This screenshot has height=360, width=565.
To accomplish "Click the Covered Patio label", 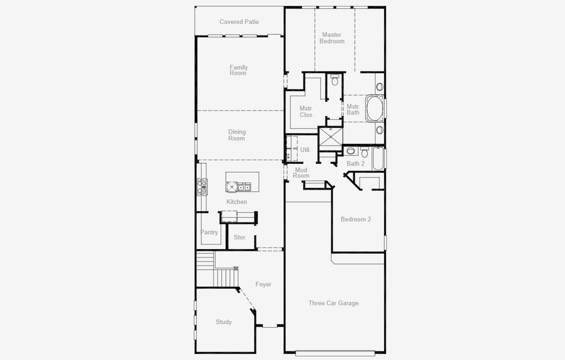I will click(239, 22).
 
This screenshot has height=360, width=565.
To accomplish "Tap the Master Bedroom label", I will click(332, 38).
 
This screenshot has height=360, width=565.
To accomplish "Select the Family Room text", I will click(238, 70).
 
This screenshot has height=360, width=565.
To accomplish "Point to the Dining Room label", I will click(237, 135).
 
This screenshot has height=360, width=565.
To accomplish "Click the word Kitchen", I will click(237, 202).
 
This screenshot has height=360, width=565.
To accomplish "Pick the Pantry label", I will click(209, 232).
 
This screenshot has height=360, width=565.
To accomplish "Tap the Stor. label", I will click(240, 238).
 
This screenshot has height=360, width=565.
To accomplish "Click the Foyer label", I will click(263, 284).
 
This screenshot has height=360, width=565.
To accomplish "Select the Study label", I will click(223, 322).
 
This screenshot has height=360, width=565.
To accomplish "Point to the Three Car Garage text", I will click(333, 303).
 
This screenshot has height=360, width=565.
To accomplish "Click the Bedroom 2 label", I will click(355, 220).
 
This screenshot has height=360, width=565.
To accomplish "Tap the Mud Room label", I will click(301, 173).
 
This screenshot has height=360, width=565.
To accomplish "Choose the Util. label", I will click(305, 149).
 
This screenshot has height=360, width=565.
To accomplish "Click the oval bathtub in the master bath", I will click(375, 109).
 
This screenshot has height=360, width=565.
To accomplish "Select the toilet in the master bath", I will click(335, 80).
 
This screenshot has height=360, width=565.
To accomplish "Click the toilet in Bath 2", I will click(365, 152).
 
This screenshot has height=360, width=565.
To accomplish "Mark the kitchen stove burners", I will click(202, 188).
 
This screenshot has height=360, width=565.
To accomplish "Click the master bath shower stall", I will click(330, 137).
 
